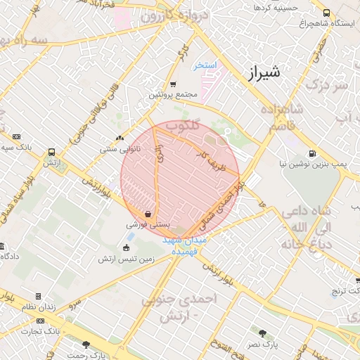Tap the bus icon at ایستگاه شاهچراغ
(x=326, y=13)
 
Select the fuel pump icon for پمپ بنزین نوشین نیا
(x=312, y=155)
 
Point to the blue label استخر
(x=207, y=65)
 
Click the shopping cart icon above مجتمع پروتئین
(x=154, y=84)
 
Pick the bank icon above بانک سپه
(x=17, y=136)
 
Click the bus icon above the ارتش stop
(x=51, y=152)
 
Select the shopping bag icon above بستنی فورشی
(x=148, y=214)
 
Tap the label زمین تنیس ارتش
(x=126, y=259)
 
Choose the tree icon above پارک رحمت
(x=86, y=345)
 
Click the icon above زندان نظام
(x=38, y=297)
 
